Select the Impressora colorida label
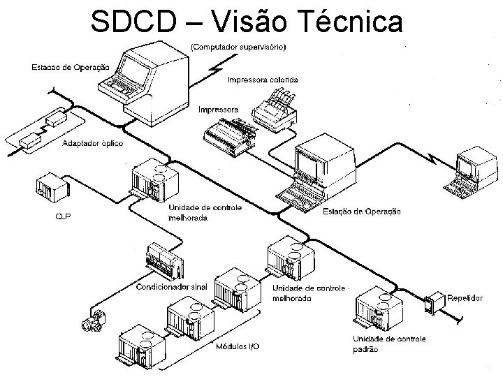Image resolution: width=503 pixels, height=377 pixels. coord(263,80)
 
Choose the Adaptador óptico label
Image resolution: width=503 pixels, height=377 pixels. coord(93,143)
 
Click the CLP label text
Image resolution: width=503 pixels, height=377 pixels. coord(63,216)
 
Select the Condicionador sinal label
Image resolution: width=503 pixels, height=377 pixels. coord(173,286)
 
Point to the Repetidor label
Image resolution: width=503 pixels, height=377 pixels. coord(465,297)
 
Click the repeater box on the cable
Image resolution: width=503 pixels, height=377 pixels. coord(435,303)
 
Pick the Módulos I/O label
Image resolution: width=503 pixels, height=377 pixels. coord(237,346)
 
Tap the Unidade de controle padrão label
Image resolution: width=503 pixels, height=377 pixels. coord(388,344)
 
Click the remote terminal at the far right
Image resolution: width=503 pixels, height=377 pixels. coord(467,169)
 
